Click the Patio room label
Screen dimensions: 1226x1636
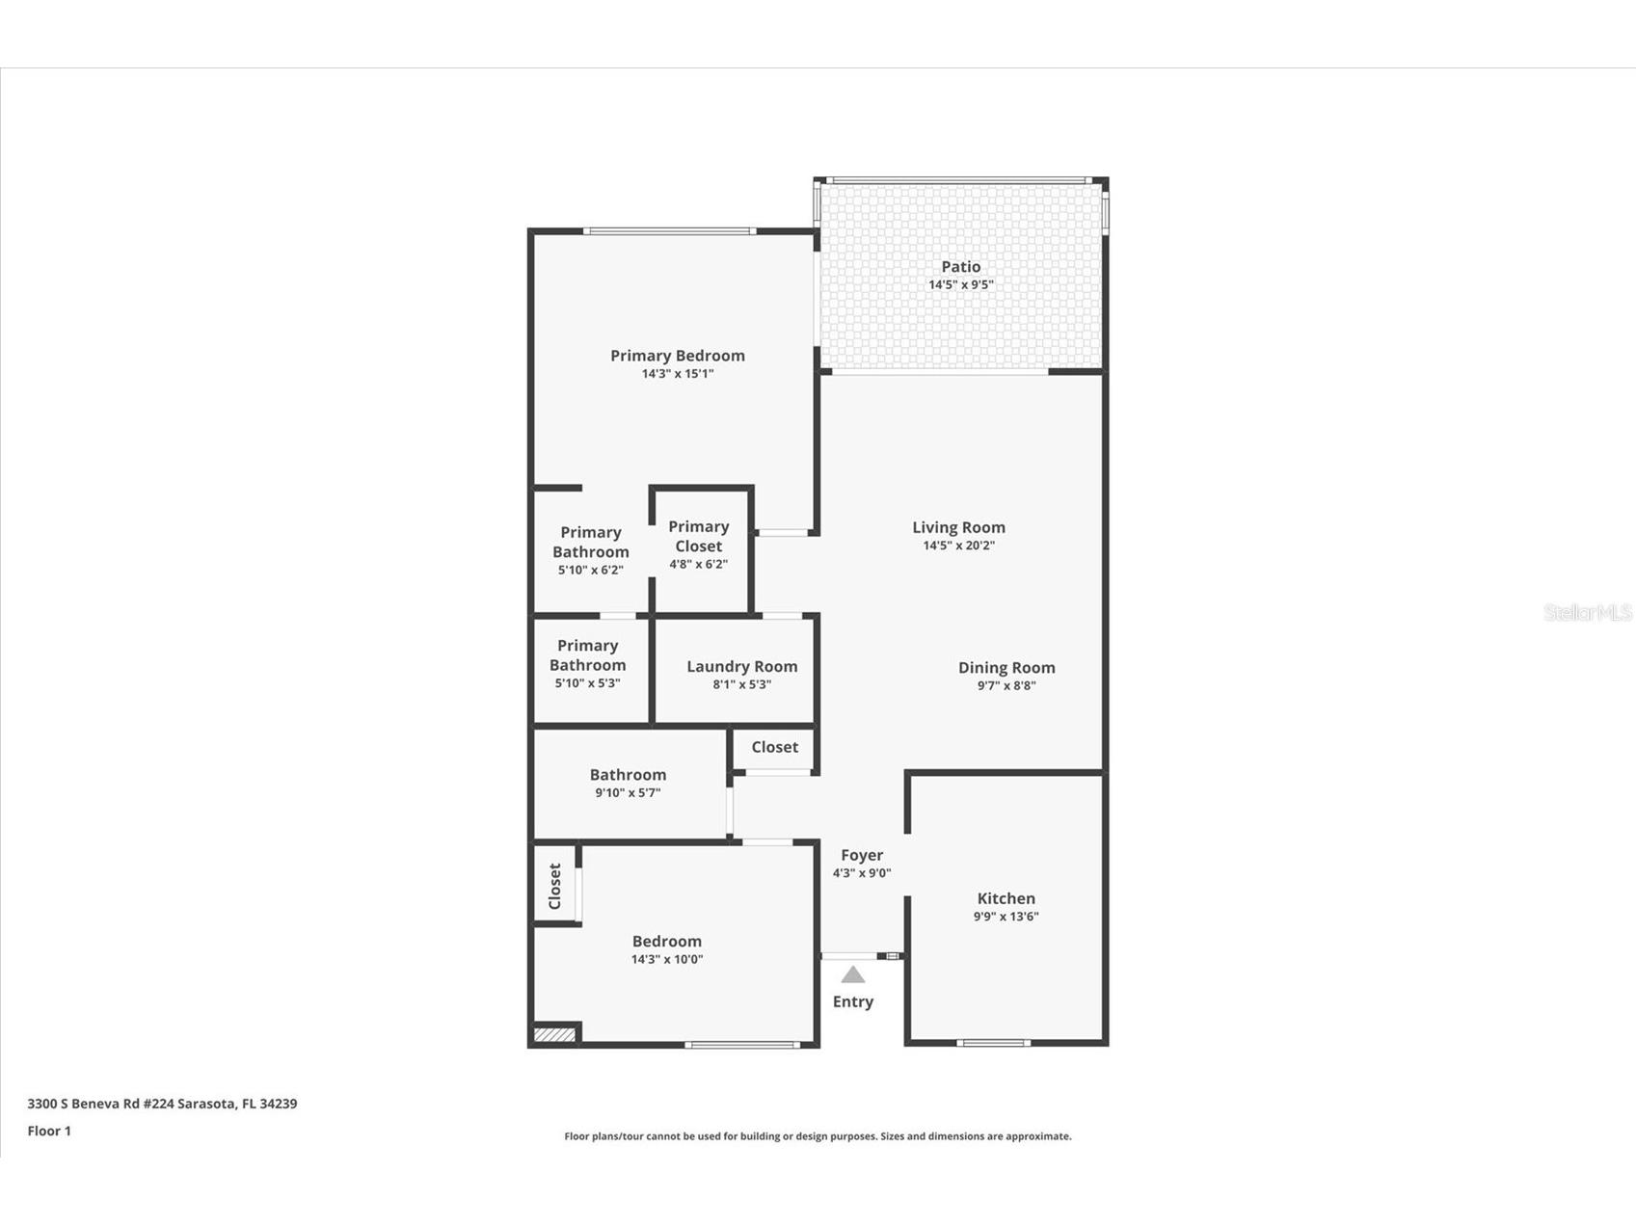pyautogui.click(x=960, y=267)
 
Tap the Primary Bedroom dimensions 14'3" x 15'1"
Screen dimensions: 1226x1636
pyautogui.click(x=677, y=374)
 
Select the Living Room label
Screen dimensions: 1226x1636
pyautogui.click(x=958, y=527)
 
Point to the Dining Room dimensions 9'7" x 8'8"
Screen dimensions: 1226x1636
pyautogui.click(x=1006, y=686)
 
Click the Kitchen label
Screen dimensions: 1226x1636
pyautogui.click(x=1006, y=898)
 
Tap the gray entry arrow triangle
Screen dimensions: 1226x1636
pyautogui.click(x=853, y=974)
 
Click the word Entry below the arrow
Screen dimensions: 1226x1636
pyautogui.click(x=853, y=1001)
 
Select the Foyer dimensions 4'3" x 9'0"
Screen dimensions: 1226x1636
pyautogui.click(x=861, y=873)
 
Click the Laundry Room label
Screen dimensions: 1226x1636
pyautogui.click(x=741, y=666)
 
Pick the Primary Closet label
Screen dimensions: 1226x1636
pyautogui.click(x=698, y=536)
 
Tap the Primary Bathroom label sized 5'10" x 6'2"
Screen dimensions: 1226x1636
pyautogui.click(x=590, y=542)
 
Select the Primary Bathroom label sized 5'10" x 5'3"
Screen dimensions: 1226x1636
pyautogui.click(x=587, y=655)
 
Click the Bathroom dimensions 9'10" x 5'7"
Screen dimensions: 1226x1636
pyautogui.click(x=628, y=793)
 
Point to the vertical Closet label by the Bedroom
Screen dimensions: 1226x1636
pyautogui.click(x=554, y=886)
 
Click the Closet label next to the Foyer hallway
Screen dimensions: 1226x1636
pyautogui.click(x=774, y=747)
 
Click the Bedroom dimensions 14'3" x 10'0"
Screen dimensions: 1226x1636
pyautogui.click(x=666, y=960)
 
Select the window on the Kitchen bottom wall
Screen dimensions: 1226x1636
pyautogui.click(x=993, y=1042)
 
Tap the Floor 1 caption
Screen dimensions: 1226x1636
pyautogui.click(x=49, y=1131)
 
